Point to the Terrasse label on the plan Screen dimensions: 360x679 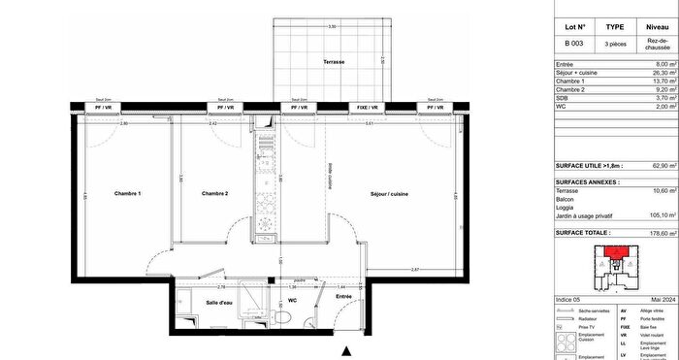pyautogui.click(x=336, y=62)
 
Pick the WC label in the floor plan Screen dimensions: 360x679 pyautogui.click(x=291, y=301)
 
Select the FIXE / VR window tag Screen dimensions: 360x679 pyautogui.click(x=368, y=106)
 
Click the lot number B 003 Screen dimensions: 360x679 pyautogui.click(x=574, y=45)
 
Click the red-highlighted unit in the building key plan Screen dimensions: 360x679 pyautogui.click(x=614, y=254)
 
